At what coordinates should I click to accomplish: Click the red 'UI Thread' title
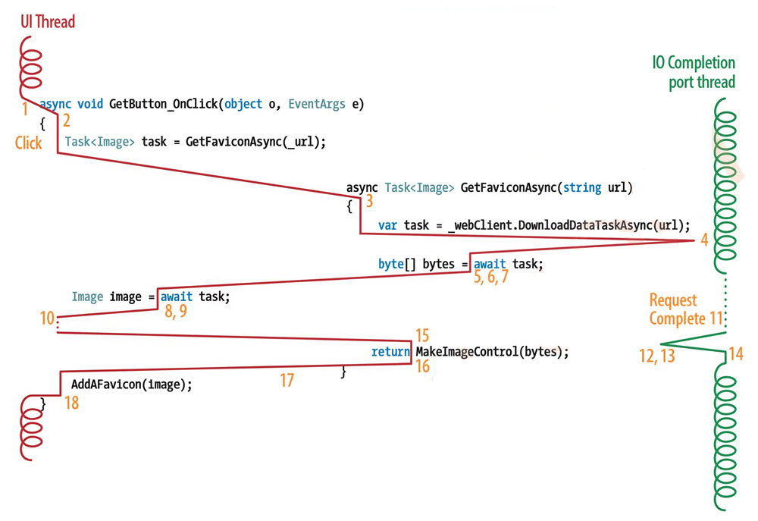[48, 22]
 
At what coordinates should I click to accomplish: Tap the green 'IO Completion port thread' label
[693, 72]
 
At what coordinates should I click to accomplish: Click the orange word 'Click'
[28, 143]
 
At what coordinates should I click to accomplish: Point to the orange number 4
[704, 241]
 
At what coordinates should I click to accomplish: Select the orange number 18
[71, 403]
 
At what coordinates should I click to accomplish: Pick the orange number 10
[47, 319]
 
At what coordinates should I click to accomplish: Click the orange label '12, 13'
[656, 356]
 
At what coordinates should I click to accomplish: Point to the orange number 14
[735, 353]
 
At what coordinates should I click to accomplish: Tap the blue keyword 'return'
[391, 352]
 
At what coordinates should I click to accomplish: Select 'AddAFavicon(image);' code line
[132, 384]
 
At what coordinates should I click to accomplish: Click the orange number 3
[369, 201]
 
